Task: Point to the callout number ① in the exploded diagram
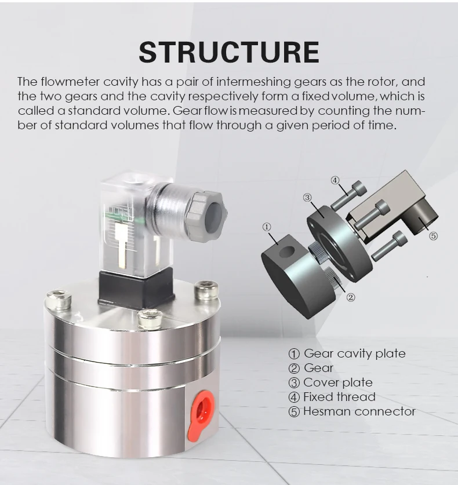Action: [x=267, y=227]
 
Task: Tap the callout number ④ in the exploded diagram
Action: [x=335, y=180]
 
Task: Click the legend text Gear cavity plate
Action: [x=354, y=353]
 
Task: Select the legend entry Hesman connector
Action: [x=358, y=411]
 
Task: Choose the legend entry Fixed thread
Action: [x=339, y=397]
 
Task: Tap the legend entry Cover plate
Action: [x=337, y=382]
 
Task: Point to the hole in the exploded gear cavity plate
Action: [x=286, y=252]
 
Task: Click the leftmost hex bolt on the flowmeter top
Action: [x=58, y=299]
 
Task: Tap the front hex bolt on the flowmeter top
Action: [x=150, y=318]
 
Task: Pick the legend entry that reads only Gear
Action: [x=318, y=368]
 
